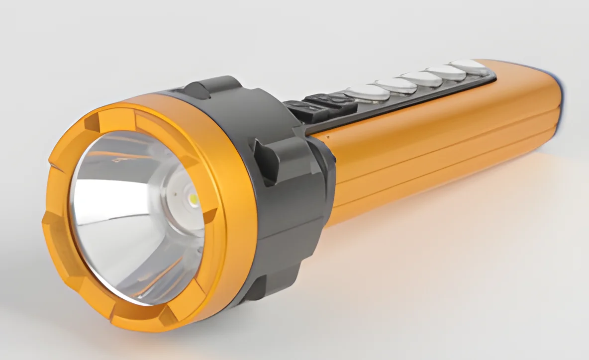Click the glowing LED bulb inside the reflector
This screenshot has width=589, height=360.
coord(193,199)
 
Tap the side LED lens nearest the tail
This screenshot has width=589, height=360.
coord(469,66)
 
